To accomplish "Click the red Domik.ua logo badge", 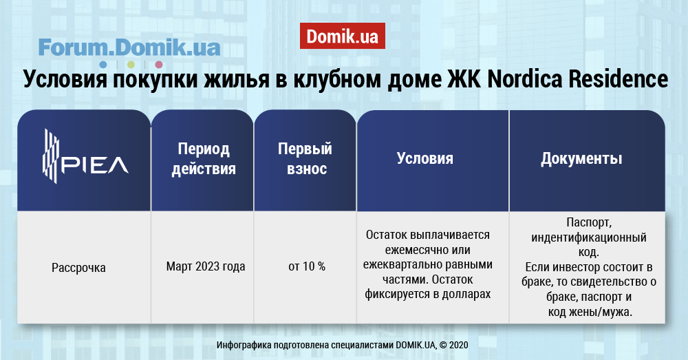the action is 342,36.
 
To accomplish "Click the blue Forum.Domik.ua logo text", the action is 129,47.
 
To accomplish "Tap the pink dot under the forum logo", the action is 158,65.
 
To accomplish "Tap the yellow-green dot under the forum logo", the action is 131,65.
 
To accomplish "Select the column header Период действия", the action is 204,159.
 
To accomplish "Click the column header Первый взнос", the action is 305,159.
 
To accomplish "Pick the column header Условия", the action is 424,158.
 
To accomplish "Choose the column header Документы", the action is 581,159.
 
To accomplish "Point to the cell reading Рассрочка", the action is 78,267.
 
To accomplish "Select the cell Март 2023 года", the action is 205,266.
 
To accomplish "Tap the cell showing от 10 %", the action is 307,266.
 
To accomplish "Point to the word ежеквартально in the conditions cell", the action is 402,265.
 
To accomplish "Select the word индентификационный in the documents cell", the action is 589,238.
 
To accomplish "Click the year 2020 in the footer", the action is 458,345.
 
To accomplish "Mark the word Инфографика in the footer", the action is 244,345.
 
